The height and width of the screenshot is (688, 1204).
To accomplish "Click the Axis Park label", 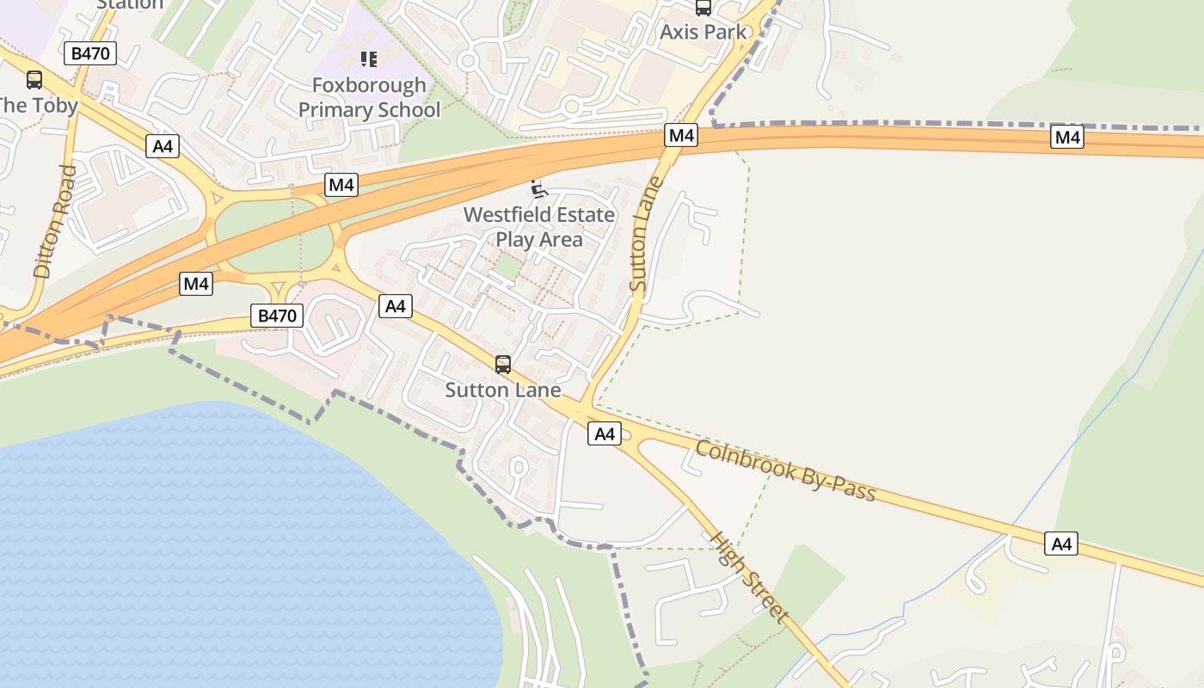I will (703, 33).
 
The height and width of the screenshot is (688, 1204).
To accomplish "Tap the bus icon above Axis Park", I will (703, 8).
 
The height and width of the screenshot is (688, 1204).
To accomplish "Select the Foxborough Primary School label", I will (369, 97).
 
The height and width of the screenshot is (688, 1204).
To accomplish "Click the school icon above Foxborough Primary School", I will (369, 59).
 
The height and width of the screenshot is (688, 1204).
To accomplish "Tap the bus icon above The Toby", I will (34, 80).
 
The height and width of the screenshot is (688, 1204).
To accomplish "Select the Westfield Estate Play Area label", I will (539, 226).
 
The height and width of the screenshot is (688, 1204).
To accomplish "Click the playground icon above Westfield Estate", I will (539, 189).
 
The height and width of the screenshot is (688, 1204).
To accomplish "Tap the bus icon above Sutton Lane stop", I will (503, 365).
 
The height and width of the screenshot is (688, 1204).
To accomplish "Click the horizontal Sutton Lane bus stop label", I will (503, 390).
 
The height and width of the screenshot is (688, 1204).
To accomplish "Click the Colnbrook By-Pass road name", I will (786, 471).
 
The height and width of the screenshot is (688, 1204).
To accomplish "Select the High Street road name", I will (747, 576).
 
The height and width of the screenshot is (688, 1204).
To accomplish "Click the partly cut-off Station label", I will (129, 4).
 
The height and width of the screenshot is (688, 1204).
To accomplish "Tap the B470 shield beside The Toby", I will (90, 53).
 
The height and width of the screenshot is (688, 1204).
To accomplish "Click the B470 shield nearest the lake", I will (277, 316).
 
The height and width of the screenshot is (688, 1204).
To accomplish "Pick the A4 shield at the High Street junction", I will (605, 434).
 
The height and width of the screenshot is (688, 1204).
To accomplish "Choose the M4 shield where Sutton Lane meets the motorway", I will (680, 135).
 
